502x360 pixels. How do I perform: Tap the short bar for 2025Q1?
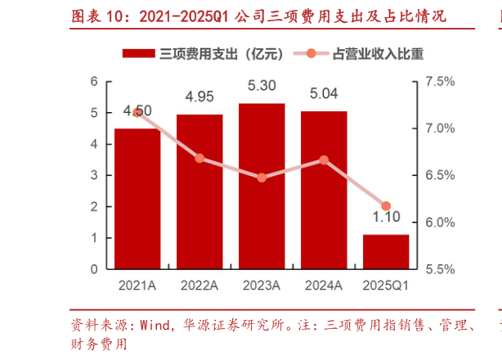(386, 252)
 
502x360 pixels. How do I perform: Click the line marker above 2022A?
(199, 158)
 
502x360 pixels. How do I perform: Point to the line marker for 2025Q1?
(386, 206)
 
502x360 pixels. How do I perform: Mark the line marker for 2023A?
(262, 178)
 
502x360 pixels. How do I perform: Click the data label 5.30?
(262, 84)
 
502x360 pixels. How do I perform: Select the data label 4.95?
(199, 96)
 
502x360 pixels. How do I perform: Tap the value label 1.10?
(386, 218)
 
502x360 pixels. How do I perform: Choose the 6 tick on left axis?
(95, 81)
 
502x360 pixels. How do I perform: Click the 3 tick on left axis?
(95, 175)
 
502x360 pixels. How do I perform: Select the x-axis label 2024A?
(324, 285)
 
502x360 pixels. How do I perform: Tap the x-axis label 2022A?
(199, 285)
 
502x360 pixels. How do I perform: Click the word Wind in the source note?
(152, 325)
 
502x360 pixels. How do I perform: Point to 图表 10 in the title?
(92, 15)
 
